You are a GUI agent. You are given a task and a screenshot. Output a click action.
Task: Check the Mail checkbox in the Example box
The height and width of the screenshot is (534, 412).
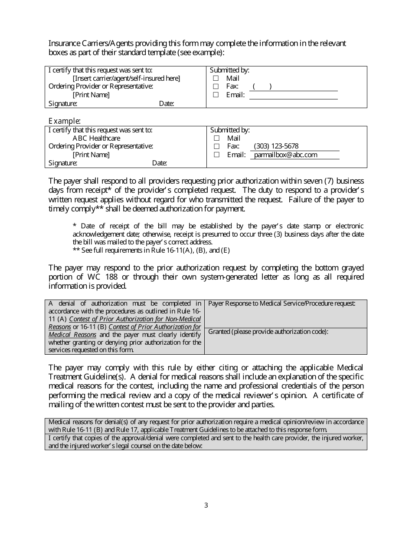pos(216,138)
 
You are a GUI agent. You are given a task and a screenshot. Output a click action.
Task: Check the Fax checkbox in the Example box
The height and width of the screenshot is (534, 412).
pos(216,147)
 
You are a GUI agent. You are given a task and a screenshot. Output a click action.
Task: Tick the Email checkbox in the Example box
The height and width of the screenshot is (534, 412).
pos(216,155)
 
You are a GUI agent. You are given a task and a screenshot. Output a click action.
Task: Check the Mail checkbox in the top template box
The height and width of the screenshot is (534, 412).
pos(216,79)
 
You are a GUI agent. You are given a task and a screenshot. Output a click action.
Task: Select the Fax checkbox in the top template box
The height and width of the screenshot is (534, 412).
pos(216,87)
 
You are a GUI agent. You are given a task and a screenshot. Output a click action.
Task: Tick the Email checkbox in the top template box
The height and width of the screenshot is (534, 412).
pos(216,95)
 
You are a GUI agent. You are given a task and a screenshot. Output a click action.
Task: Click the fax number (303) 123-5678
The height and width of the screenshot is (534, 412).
pos(276,146)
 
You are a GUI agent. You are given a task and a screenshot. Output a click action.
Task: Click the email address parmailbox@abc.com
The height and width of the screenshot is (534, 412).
pos(285,155)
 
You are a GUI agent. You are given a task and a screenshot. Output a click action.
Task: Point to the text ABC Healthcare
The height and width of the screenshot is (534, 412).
pos(96,138)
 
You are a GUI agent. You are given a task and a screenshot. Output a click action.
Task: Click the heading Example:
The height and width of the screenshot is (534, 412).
pos(65,121)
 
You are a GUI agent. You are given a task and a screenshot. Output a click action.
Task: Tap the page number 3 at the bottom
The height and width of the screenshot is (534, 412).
pos(206,505)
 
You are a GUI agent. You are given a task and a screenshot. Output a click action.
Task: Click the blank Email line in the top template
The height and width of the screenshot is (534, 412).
pos(293,95)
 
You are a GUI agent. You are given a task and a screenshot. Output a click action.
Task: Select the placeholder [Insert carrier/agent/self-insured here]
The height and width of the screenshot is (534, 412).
pos(126,78)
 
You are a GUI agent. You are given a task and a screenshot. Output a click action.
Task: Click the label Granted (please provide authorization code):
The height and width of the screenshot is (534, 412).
pos(268,332)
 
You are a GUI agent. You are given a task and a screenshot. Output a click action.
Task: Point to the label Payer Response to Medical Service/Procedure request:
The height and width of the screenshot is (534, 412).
pos(281,303)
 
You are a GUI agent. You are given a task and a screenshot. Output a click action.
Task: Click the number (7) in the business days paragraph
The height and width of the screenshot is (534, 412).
pos(327,181)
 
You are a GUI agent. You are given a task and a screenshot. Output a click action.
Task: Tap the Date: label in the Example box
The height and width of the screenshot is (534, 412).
pos(159,163)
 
